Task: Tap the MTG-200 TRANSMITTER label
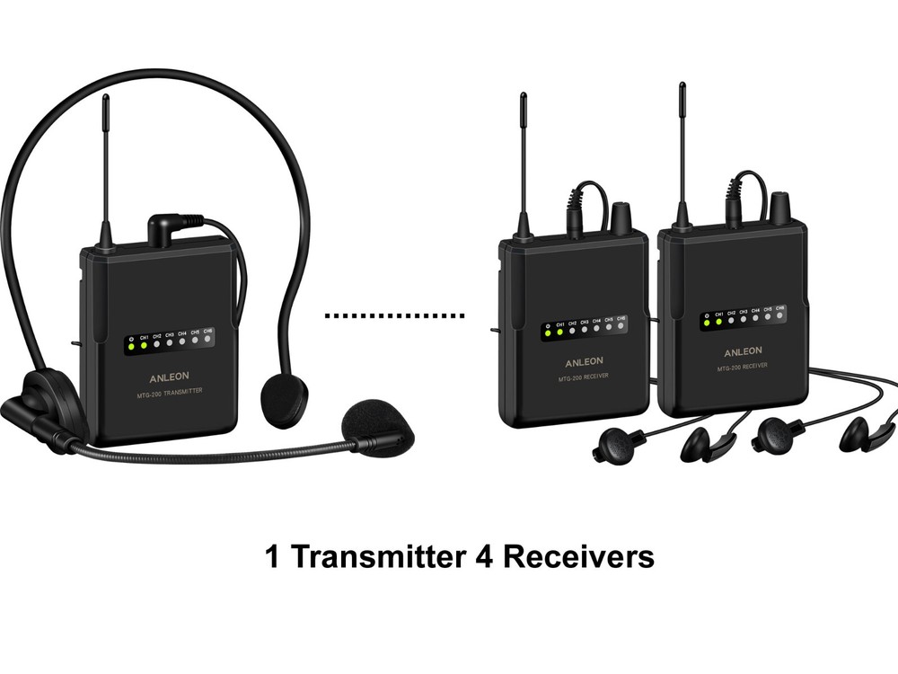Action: click(x=168, y=391)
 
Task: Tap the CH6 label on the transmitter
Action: click(x=208, y=331)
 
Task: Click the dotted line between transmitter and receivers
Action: click(x=394, y=316)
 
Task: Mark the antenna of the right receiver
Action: click(x=682, y=148)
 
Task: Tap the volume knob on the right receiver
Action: click(x=779, y=204)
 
